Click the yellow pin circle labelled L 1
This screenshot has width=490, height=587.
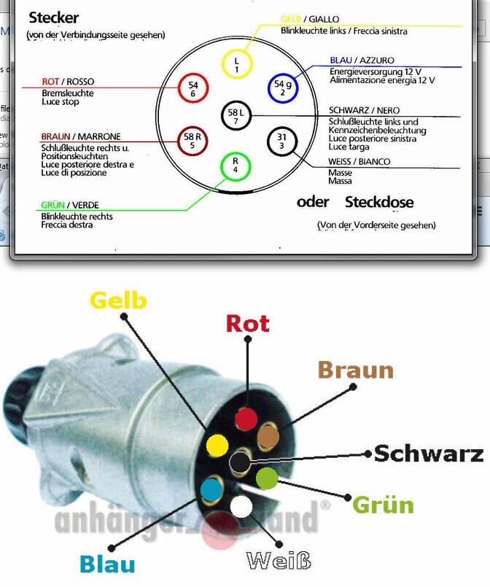[x=236, y=64]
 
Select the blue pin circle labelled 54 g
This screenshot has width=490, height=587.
[x=283, y=88]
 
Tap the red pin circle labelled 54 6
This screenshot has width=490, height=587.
[x=192, y=88]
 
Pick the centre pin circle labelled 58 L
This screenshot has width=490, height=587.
[x=236, y=115]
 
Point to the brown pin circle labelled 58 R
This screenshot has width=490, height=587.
[x=192, y=141]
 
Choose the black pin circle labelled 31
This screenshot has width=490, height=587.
[x=281, y=141]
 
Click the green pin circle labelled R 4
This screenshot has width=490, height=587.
[x=235, y=166]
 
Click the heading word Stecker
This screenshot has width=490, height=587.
[x=53, y=18]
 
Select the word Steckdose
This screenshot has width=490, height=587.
[x=379, y=202]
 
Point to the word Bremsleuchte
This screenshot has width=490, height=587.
[x=68, y=93]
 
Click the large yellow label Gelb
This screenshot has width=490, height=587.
[x=118, y=300]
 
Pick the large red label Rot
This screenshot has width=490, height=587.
[x=247, y=323]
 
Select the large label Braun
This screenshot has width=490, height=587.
[x=355, y=370]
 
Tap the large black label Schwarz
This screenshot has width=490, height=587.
[x=429, y=454]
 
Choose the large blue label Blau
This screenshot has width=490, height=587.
[x=107, y=564]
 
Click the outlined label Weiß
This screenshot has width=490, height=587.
[x=279, y=561]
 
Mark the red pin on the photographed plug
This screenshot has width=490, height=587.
[x=246, y=419]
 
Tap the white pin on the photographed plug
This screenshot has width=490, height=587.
[x=241, y=505]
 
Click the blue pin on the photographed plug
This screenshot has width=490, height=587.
[x=211, y=489]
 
